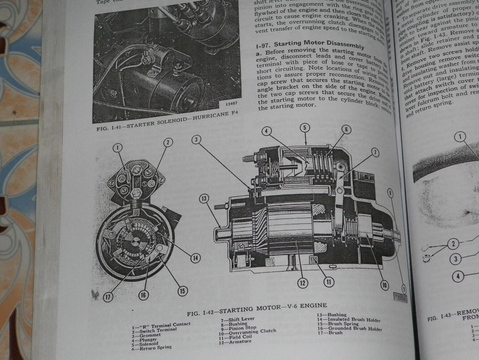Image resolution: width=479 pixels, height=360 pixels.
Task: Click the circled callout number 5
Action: click(305, 128)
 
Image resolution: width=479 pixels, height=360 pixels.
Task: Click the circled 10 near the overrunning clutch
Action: click(384, 284)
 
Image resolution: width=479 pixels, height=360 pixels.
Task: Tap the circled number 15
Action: click(182, 291)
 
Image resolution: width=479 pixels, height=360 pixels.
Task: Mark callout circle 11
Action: click(329, 282)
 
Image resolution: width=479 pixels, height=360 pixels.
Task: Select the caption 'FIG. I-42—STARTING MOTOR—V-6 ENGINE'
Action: click(257, 310)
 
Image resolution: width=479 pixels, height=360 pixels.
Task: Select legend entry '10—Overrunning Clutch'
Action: click(248, 333)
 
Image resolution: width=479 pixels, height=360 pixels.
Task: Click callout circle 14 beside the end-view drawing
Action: click(194, 258)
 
